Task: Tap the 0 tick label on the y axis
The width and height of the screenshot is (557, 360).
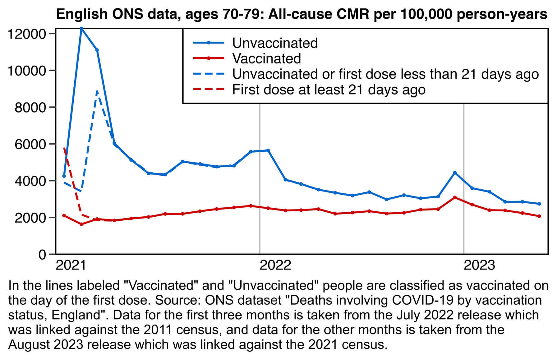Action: [42, 255]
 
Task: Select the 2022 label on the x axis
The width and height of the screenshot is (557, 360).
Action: [275, 265]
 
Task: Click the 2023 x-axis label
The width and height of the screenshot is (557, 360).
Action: [479, 265]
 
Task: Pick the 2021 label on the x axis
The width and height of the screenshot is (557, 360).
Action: [71, 265]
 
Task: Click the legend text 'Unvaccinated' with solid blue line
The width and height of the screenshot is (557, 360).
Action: [275, 43]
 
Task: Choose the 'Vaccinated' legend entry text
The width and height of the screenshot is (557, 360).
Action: [266, 59]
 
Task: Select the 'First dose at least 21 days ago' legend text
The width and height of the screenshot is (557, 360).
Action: [329, 90]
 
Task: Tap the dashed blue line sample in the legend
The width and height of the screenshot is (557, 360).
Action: [209, 74]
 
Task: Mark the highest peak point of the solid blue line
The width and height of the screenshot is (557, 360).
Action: [81, 29]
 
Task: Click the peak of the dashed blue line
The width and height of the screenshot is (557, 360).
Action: [97, 91]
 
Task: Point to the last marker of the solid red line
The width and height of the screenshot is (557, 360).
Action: [539, 216]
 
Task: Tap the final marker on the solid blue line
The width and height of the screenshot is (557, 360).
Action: [539, 204]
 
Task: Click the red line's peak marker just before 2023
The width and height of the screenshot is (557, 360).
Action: [455, 197]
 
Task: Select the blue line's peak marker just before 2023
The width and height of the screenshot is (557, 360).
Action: [455, 173]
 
